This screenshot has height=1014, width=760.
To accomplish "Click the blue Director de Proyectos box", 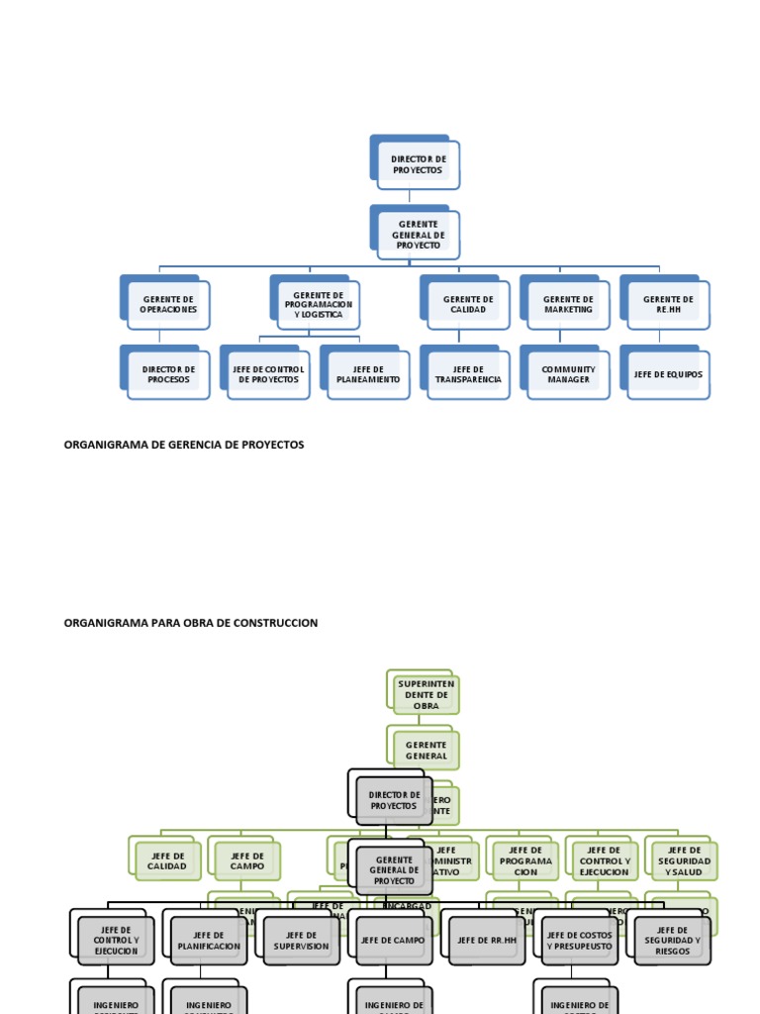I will click(x=418, y=164).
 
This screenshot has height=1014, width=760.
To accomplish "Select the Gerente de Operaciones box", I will click(x=169, y=304).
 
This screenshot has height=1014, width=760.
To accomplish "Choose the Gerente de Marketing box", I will click(x=568, y=304).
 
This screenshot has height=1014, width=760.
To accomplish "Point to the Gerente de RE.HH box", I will click(x=668, y=304).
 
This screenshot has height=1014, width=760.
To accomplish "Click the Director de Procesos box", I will click(x=169, y=374).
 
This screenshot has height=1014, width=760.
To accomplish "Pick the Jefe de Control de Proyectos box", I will click(x=268, y=374).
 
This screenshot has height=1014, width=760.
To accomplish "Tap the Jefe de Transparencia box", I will click(x=468, y=374).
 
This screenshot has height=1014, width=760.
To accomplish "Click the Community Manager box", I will click(x=568, y=374).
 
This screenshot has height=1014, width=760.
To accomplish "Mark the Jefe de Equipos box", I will click(x=668, y=374).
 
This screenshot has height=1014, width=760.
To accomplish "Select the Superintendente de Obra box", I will click(x=426, y=694).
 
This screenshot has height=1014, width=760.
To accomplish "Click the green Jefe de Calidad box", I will click(x=166, y=862).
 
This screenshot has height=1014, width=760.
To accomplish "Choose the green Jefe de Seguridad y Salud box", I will click(x=684, y=862).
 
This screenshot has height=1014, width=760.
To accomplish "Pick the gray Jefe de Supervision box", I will click(x=301, y=941).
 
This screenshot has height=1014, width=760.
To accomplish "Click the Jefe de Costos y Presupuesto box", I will click(x=579, y=941).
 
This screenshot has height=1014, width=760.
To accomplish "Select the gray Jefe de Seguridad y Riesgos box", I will click(x=672, y=941).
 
